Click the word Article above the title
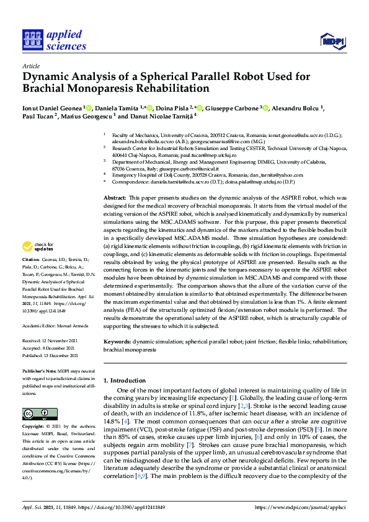[30, 65]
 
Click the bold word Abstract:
[115, 197]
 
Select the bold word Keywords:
[117, 342]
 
